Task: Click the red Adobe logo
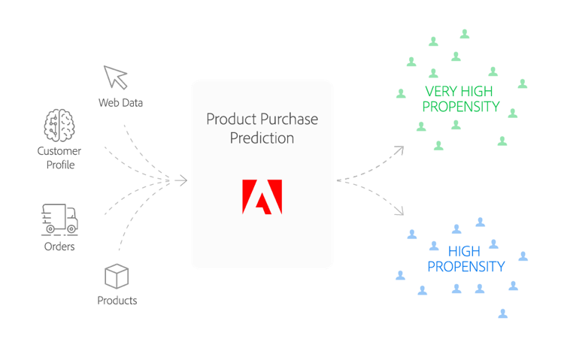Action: click(262, 197)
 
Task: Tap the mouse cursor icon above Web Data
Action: click(115, 77)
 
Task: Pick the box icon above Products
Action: click(117, 276)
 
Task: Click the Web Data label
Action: click(120, 101)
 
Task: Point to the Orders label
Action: click(60, 247)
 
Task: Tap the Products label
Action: click(117, 301)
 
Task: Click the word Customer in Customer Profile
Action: click(60, 151)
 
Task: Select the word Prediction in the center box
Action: click(262, 138)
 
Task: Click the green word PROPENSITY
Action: click(461, 107)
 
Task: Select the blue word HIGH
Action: click(464, 251)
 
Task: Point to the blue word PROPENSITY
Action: click(466, 266)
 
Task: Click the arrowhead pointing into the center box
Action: click(182, 180)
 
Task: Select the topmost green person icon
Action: click(465, 33)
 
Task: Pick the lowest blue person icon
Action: click(502, 312)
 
